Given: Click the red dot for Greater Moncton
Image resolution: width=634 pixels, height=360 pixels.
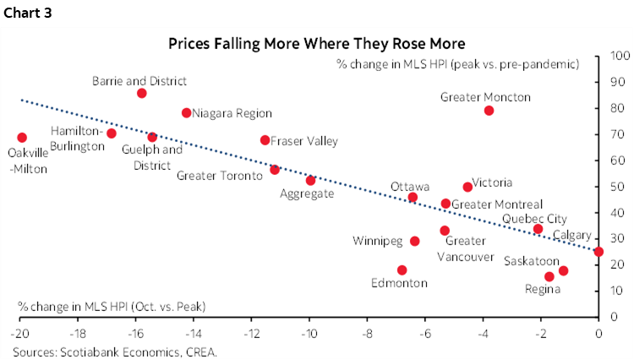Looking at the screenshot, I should tap(489, 111).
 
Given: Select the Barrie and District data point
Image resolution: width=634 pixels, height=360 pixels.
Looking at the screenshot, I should tap(141, 93).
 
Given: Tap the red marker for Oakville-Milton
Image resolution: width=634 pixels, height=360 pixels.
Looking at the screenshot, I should tap(22, 138).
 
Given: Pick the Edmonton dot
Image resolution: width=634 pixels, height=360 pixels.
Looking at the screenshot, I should tap(402, 270).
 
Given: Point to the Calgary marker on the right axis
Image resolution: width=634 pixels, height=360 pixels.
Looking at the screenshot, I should tap(598, 251).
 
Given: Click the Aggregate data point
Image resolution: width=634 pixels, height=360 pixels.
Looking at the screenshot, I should tap(310, 181).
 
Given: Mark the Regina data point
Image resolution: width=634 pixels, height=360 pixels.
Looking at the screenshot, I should tap(549, 276).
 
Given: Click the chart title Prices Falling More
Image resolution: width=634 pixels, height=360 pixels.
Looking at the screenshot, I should tap(316, 42).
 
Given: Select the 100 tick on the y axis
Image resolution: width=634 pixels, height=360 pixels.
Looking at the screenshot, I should tap(618, 56).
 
